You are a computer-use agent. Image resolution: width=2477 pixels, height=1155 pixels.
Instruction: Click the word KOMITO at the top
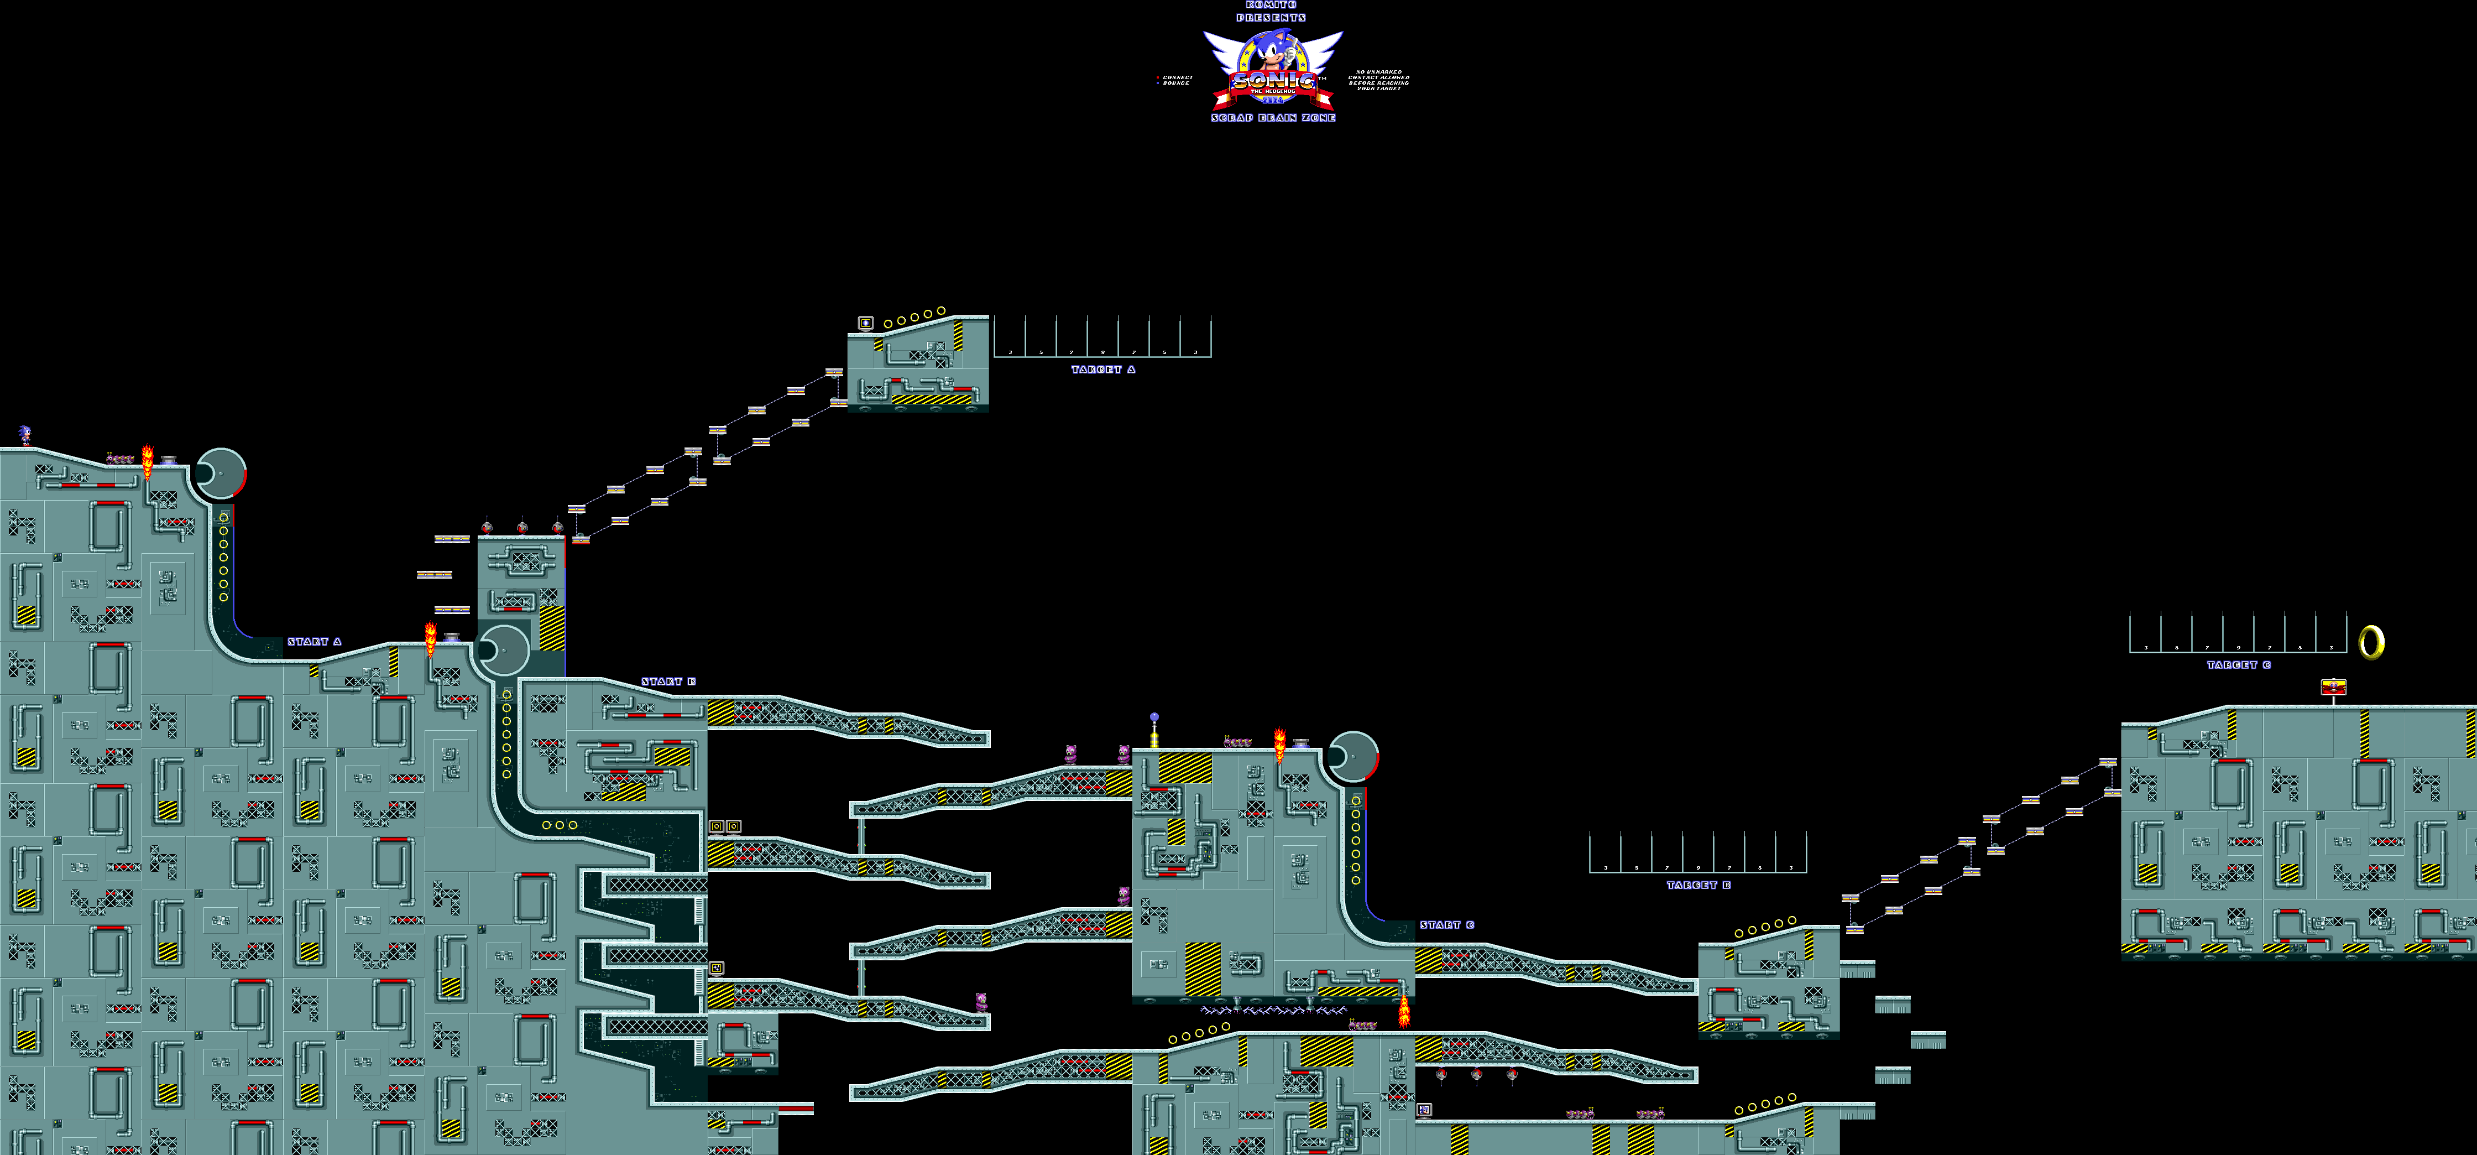coord(1271,5)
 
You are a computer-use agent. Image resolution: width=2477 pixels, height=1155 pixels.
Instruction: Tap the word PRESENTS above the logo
coord(1271,17)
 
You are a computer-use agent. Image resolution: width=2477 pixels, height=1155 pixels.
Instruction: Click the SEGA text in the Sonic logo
coord(1272,98)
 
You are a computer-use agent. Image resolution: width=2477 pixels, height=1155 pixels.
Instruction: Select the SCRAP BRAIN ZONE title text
coord(1273,117)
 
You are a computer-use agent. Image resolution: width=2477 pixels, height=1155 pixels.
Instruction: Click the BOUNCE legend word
coord(1176,84)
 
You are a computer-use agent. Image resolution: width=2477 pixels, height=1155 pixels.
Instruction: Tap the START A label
coord(315,642)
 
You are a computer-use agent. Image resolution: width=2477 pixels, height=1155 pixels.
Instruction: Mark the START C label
coord(1447,925)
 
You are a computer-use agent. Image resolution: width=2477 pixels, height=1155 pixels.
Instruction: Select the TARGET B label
coord(1698,885)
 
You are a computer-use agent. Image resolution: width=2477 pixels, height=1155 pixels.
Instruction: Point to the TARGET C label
coord(2239,664)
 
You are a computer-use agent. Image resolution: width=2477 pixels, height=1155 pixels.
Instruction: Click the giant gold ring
coord(2371,642)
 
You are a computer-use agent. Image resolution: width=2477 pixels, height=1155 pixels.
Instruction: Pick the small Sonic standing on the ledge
coord(24,436)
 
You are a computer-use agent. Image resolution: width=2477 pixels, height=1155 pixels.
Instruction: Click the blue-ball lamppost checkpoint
coord(1154,731)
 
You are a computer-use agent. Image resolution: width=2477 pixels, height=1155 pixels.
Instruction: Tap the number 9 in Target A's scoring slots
coord(1103,352)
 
